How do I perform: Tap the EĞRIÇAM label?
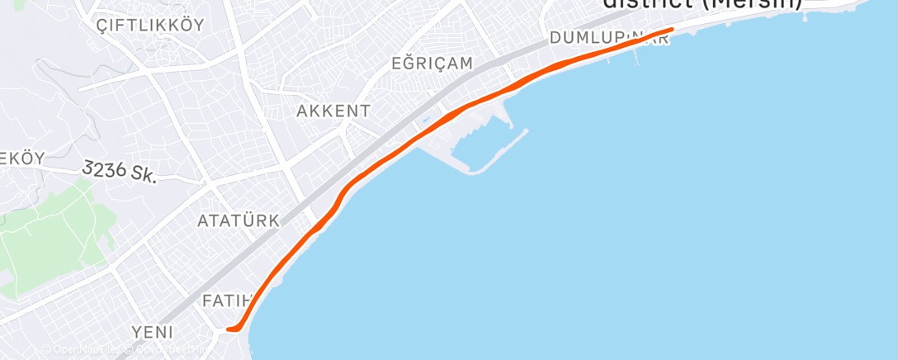pyautogui.click(x=432, y=63)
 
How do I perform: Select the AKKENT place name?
pyautogui.click(x=333, y=110)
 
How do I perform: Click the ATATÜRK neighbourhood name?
pyautogui.click(x=239, y=220)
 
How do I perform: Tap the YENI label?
pyautogui.click(x=153, y=332)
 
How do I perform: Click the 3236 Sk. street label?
pyautogui.click(x=121, y=171)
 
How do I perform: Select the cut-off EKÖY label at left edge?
pyautogui.click(x=22, y=157)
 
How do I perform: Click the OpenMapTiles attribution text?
pyautogui.click(x=78, y=350)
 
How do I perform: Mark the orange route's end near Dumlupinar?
pyautogui.click(x=671, y=30)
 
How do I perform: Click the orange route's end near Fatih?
pyautogui.click(x=229, y=329)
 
